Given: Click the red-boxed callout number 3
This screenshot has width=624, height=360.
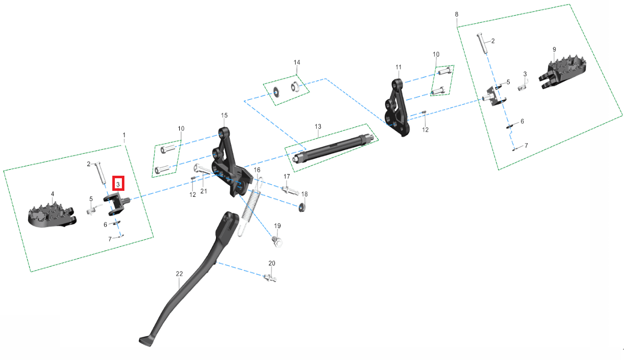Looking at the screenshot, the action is pos(118,184).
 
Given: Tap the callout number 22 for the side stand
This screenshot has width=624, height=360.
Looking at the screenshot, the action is pos(179,274).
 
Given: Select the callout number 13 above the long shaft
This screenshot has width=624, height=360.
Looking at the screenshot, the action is pos(318,127).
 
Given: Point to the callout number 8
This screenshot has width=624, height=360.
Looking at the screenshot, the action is pos(456,14).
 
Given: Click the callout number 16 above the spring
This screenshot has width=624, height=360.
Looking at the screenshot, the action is pos(257,170).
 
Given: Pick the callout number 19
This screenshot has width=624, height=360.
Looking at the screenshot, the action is pos(277,226).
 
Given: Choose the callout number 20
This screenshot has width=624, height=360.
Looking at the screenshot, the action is pos(272,263).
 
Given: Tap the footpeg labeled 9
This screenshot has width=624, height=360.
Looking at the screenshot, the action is pos(563,71).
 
